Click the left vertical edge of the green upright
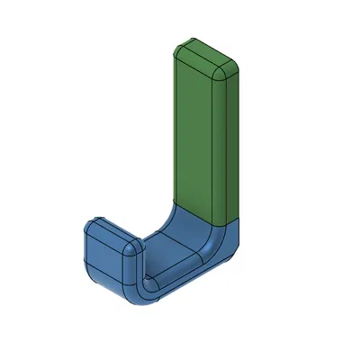[x=174, y=126]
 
